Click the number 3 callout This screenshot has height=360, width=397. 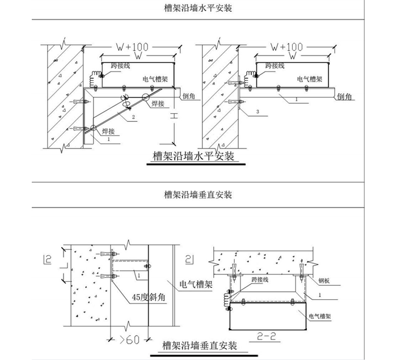tap(257, 113)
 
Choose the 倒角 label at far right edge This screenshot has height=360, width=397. tap(344, 98)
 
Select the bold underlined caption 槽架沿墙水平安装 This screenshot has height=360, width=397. tap(194, 156)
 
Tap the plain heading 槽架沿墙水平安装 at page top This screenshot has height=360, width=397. tap(197, 9)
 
